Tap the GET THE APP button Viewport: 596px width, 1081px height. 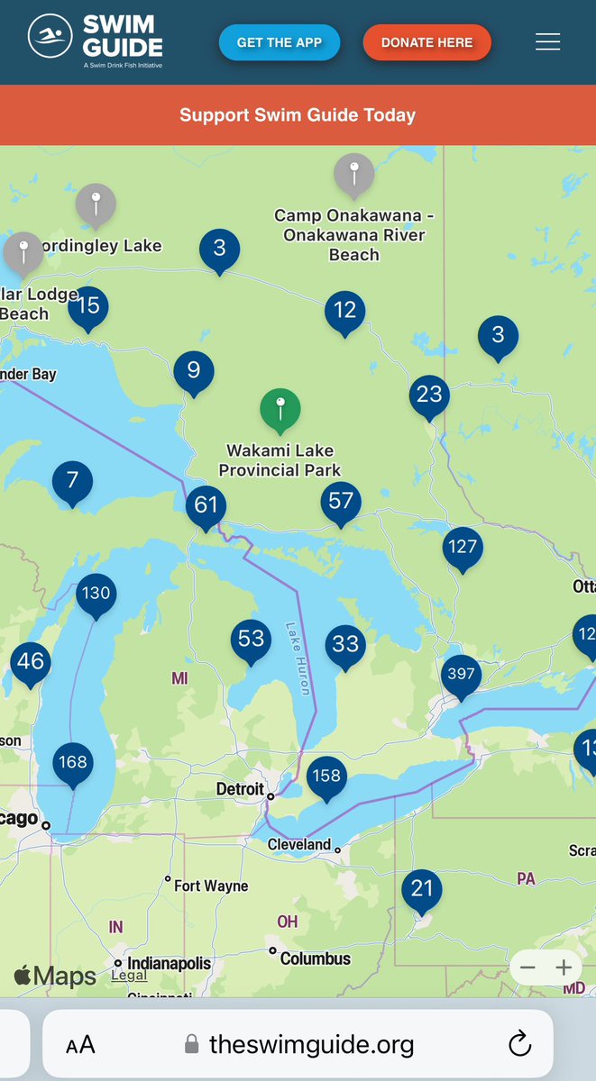280,42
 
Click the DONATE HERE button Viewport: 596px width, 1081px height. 426,42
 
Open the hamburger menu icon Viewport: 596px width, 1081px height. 547,42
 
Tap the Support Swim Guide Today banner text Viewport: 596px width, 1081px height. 298,115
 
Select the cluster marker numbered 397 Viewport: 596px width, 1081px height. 461,674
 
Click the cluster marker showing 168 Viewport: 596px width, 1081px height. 73,762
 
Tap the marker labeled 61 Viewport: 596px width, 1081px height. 206,504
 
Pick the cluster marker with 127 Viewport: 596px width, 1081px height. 463,547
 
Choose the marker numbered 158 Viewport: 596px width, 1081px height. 326,776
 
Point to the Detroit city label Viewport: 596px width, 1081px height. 239,790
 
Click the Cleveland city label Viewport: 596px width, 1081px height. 299,845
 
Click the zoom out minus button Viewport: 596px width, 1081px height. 528,968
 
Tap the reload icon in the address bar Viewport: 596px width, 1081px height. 519,1044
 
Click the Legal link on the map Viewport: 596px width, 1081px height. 129,976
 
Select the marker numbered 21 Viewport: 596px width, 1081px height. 422,889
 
